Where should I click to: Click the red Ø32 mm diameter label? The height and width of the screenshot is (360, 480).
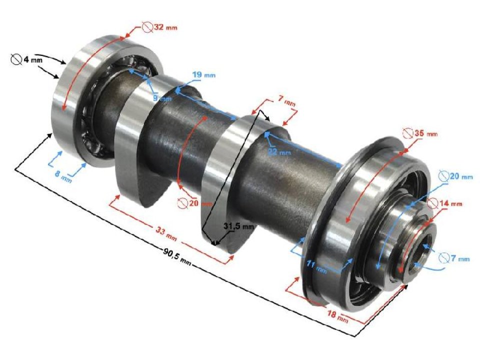point(159,26)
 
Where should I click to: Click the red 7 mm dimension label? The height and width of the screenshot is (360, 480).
point(289,102)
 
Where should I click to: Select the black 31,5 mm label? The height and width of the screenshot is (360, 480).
point(238,226)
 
